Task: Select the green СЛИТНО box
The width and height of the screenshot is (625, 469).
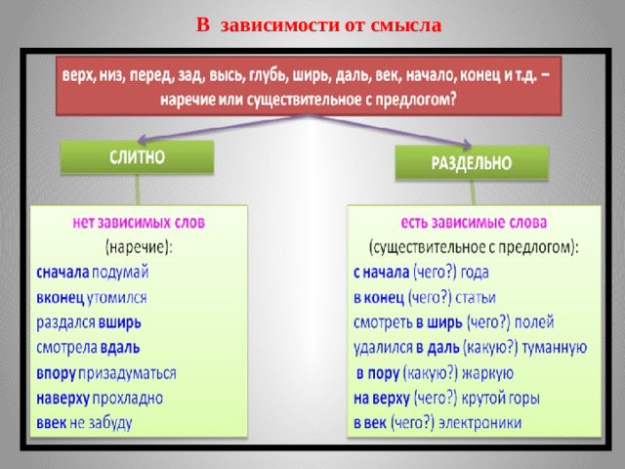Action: pos(137,156)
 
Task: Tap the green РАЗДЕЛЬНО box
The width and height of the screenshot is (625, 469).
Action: pos(472,163)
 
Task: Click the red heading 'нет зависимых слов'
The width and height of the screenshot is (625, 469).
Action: pos(139,222)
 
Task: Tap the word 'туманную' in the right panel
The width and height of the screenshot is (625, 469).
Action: pos(551,347)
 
